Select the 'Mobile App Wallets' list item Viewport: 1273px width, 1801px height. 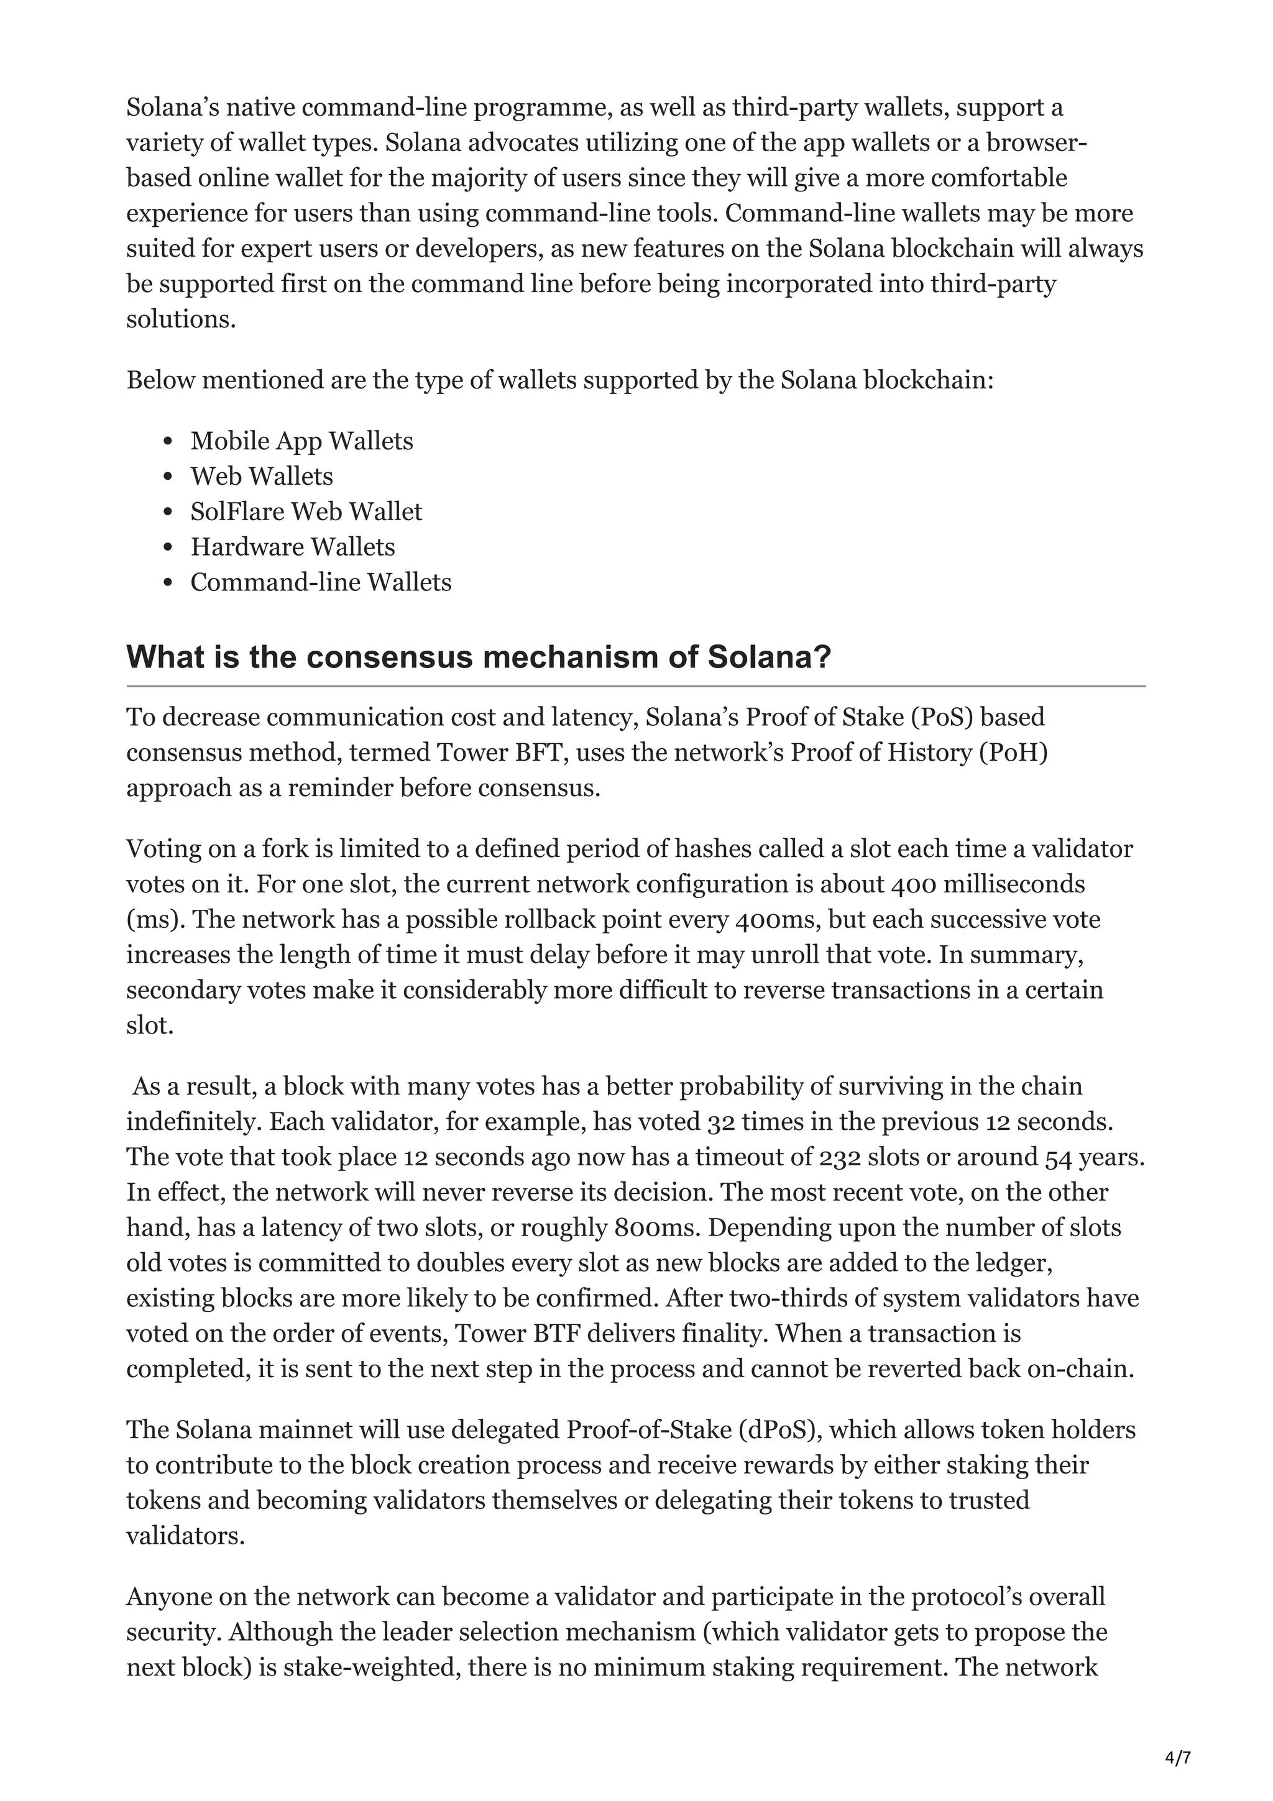(301, 442)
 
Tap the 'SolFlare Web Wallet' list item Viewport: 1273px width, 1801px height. (306, 512)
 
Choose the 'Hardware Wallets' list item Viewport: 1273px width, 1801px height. (293, 548)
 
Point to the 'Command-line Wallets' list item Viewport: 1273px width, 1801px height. (321, 583)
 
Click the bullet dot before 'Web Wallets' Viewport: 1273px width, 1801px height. (167, 477)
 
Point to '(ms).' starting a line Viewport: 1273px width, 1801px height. (155, 920)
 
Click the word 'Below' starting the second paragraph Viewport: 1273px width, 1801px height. (161, 380)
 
